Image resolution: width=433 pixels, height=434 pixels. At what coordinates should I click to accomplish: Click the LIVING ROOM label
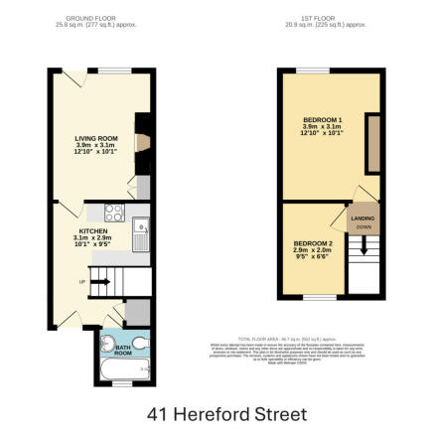click(96, 138)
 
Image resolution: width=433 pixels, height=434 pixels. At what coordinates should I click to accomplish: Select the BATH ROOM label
click(122, 351)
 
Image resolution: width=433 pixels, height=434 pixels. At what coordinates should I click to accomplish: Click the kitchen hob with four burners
click(114, 212)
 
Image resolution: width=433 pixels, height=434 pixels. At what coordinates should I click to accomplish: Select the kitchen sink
click(142, 232)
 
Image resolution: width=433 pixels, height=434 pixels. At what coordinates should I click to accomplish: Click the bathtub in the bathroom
click(124, 372)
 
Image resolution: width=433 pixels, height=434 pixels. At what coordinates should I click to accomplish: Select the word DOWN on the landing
click(362, 227)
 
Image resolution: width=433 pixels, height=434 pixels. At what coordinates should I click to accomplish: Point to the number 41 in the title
click(157, 413)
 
